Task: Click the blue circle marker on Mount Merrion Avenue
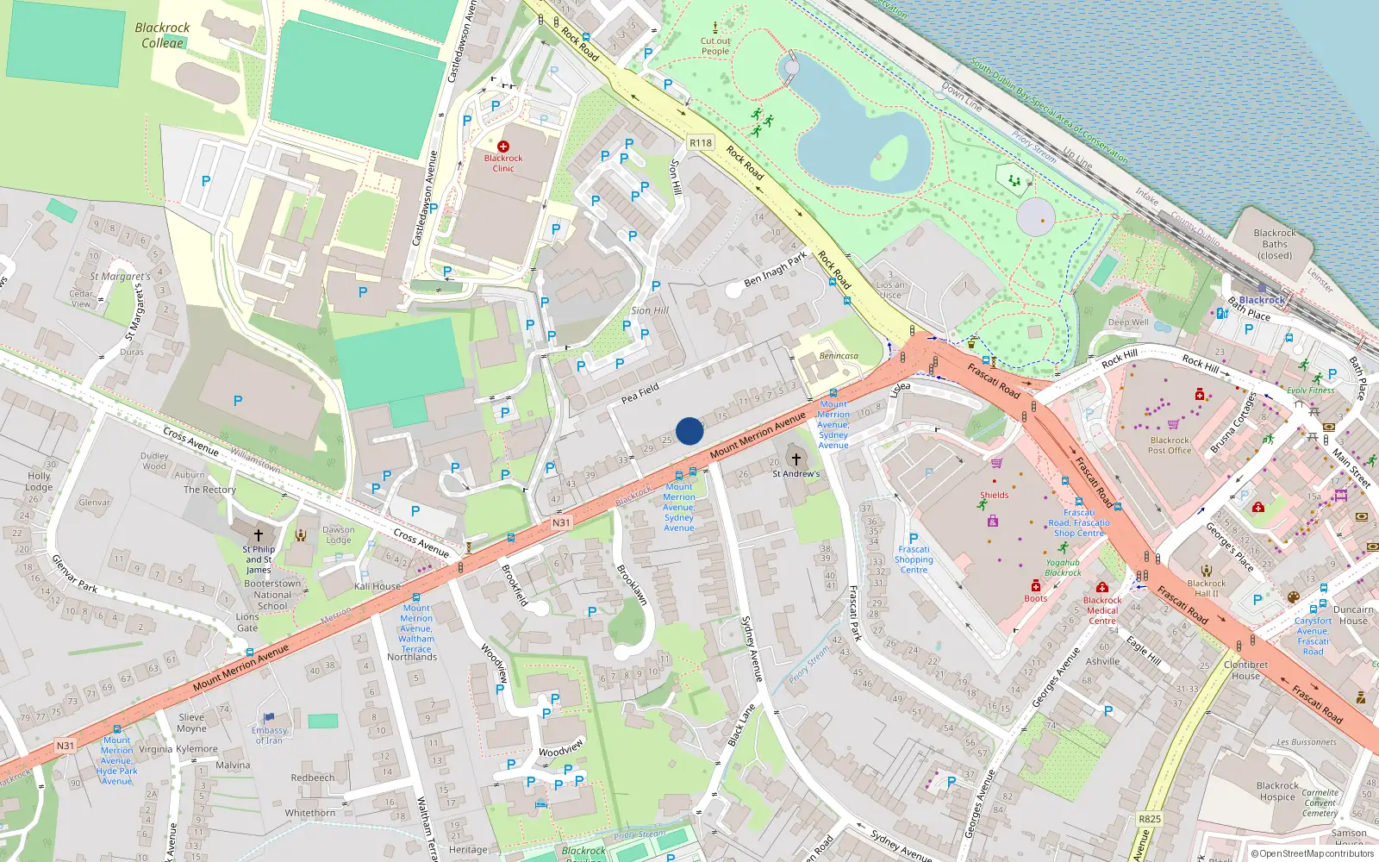(x=689, y=431)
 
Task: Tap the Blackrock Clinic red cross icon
(x=503, y=147)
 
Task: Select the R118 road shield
(x=701, y=143)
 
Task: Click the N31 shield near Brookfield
(x=561, y=522)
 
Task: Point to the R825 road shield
(x=1150, y=819)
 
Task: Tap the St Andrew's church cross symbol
(x=796, y=459)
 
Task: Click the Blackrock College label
(x=162, y=35)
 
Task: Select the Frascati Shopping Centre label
(x=914, y=559)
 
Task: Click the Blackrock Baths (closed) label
(x=1275, y=244)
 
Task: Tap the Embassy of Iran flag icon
(x=269, y=717)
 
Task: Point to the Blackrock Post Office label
(x=1170, y=445)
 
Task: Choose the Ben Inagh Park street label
(x=776, y=269)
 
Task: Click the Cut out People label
(x=714, y=46)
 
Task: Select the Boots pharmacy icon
(x=1036, y=586)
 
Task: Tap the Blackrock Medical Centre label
(x=1102, y=610)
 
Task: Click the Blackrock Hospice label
(x=1277, y=791)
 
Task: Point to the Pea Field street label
(x=640, y=394)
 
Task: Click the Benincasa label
(x=839, y=356)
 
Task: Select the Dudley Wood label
(x=154, y=461)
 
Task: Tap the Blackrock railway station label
(x=1262, y=300)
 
